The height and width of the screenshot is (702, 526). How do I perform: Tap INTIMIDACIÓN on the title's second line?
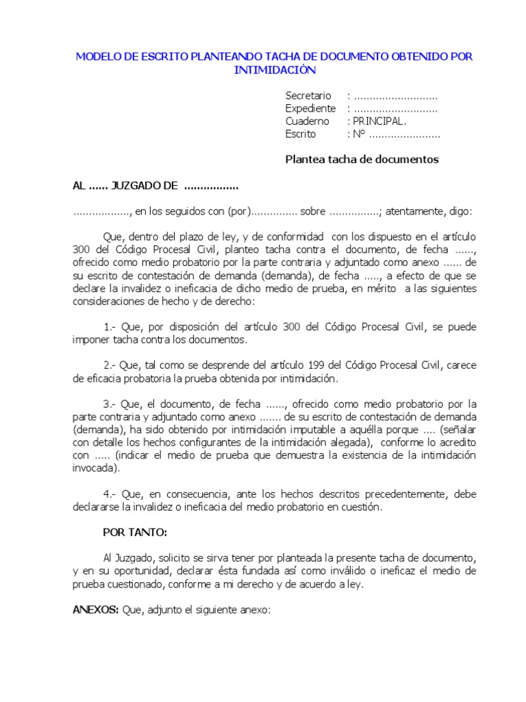[x=275, y=69]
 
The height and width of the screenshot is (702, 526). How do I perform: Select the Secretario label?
[x=308, y=96]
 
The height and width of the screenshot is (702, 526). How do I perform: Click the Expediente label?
[x=310, y=108]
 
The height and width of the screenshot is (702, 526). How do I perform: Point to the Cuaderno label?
[x=308, y=121]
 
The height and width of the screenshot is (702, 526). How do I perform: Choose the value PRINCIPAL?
[x=379, y=121]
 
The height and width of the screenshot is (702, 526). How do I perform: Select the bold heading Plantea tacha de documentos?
[x=362, y=160]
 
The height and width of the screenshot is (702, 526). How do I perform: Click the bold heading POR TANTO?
[x=134, y=532]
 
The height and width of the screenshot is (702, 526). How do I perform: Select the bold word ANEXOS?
[x=96, y=609]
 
